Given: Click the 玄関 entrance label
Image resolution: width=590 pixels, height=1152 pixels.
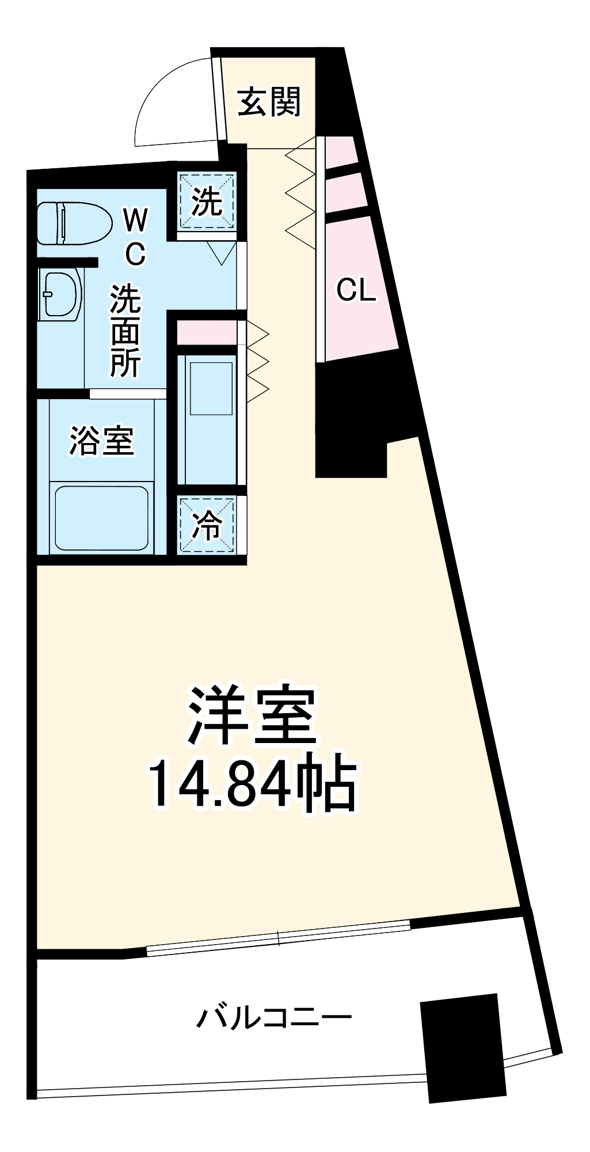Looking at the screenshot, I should point(269,102).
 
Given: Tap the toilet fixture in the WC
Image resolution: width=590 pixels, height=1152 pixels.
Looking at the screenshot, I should point(74,223).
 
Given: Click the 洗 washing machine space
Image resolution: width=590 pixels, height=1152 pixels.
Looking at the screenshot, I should point(206,201).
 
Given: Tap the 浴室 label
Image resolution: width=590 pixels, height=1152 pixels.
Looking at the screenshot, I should point(101,441).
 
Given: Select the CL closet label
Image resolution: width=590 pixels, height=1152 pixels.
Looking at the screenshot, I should point(356,290).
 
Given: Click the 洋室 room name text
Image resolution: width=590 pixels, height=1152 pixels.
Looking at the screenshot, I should point(252,717).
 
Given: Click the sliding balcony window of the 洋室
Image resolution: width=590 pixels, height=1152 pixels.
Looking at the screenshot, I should point(279,938).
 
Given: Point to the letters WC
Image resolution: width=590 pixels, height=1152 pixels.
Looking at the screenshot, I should point(135,236).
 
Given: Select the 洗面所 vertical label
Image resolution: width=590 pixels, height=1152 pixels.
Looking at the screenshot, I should point(125,331).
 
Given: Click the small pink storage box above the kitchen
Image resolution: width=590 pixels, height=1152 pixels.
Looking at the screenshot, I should point(206,333).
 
